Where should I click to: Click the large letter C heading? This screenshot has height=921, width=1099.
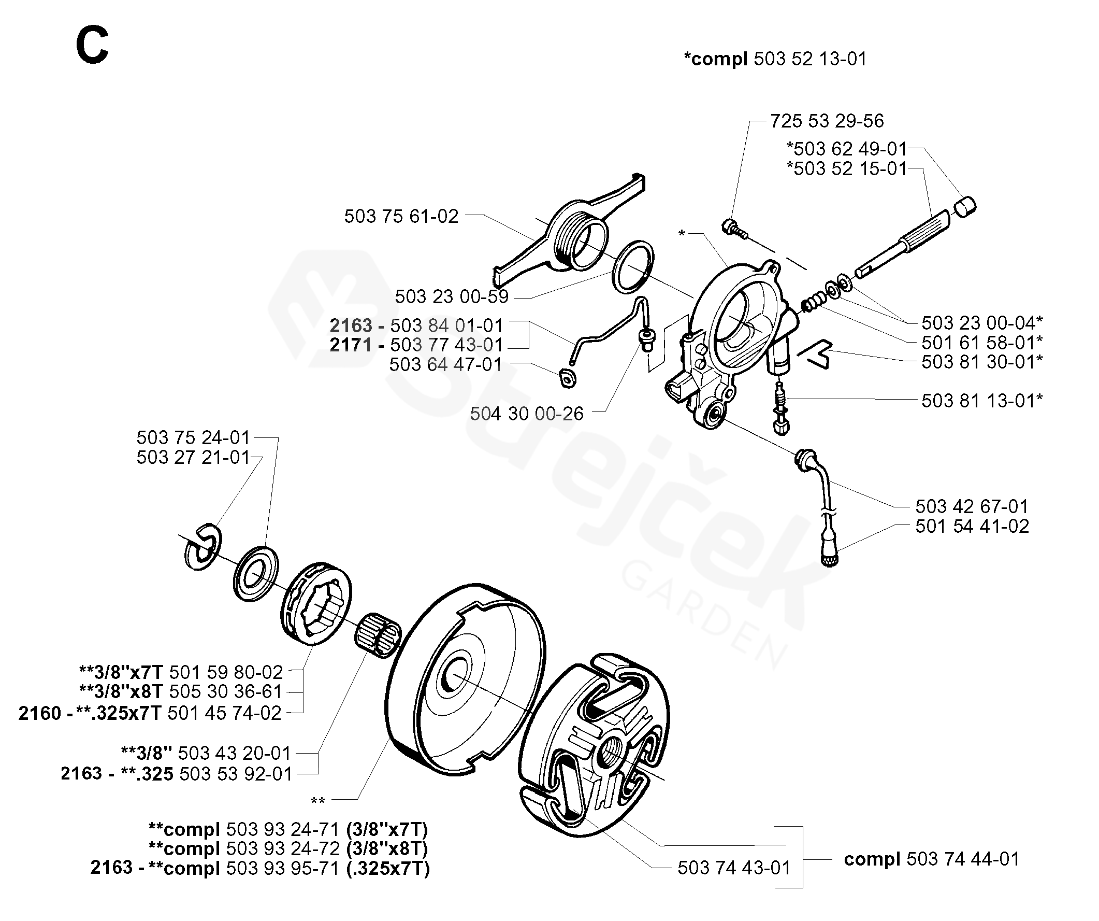[x=92, y=46]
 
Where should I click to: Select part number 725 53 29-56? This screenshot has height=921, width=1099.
[x=827, y=121]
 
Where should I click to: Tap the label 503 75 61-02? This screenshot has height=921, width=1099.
[x=401, y=216]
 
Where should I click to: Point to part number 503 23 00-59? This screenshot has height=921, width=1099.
[x=451, y=296]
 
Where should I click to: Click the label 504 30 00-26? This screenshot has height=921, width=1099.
[x=527, y=414]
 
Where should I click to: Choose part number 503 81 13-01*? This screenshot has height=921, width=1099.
[x=982, y=401]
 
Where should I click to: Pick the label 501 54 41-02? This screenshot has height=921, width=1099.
[x=972, y=526]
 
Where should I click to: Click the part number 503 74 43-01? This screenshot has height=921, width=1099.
[x=734, y=868]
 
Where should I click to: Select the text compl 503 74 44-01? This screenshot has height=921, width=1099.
[x=932, y=859]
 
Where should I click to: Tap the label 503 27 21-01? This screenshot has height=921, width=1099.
[x=193, y=457]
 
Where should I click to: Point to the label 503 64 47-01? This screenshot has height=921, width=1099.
[x=445, y=364]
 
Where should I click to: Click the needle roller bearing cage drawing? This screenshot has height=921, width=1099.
[x=378, y=635]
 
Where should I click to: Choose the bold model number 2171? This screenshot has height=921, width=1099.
[x=351, y=345]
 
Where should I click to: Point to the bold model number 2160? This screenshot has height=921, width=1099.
[x=40, y=713]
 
